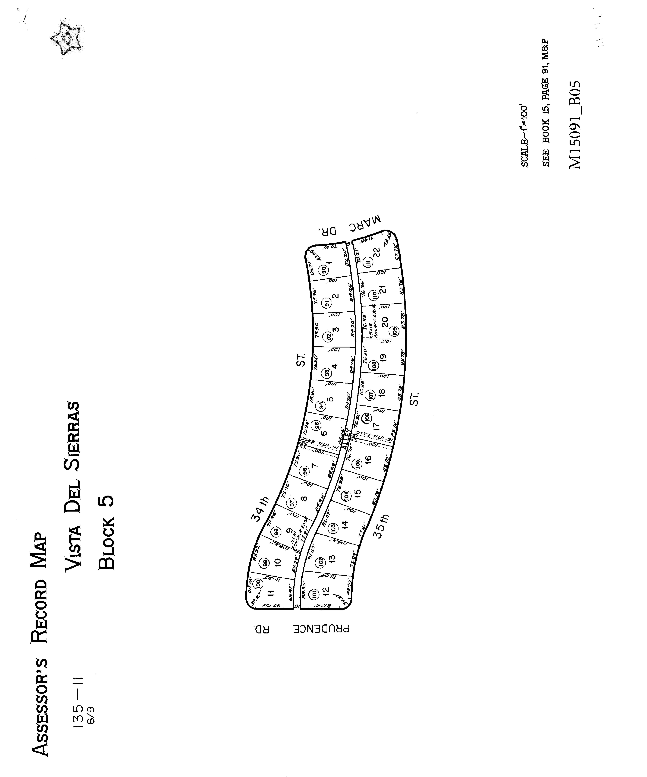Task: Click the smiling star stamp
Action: click(67, 38)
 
